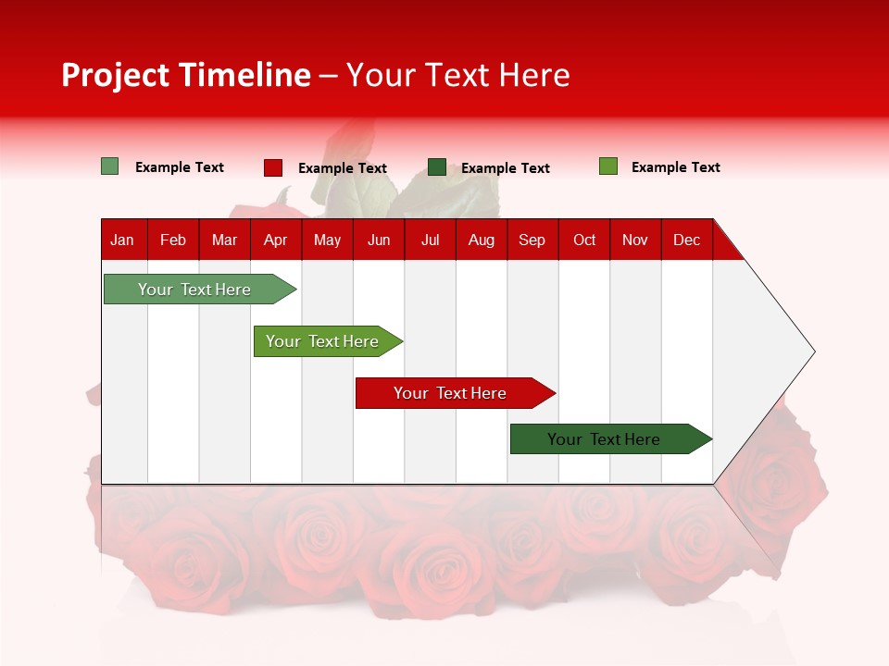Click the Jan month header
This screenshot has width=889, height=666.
(122, 240)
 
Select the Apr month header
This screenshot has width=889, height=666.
(275, 240)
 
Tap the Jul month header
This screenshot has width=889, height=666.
(430, 240)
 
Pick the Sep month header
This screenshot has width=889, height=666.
(532, 240)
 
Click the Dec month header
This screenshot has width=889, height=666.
(686, 240)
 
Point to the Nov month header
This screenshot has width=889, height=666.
(634, 240)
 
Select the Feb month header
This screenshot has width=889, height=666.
(173, 240)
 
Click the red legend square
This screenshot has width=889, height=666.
(273, 167)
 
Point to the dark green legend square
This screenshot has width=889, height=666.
(437, 167)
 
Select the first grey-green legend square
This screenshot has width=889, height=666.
(110, 166)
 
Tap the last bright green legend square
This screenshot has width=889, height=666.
(608, 166)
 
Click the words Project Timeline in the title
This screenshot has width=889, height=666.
(185, 75)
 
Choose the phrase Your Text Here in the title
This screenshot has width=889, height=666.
(457, 75)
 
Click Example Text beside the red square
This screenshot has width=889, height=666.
(342, 168)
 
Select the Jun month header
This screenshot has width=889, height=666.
(379, 240)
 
